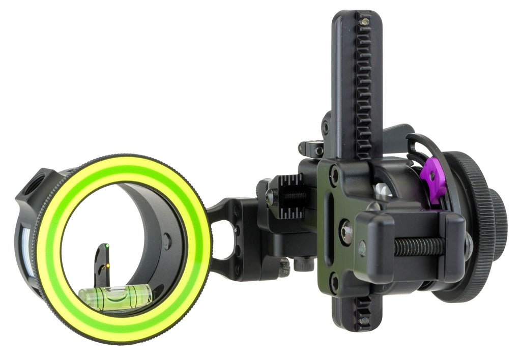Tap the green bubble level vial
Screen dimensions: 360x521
pos(115,295)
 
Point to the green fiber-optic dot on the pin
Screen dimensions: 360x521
pos(107,247)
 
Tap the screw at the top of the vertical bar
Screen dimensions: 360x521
pos(364,21)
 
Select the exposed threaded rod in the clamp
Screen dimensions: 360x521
pos(418,247)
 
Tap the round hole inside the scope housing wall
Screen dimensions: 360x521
pos(166,241)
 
